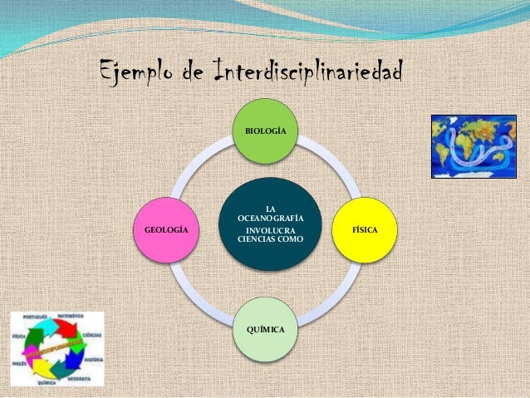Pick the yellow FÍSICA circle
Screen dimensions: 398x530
(x=363, y=228)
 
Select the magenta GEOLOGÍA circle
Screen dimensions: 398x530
(x=166, y=228)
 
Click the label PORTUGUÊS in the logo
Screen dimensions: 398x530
(x=34, y=317)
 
